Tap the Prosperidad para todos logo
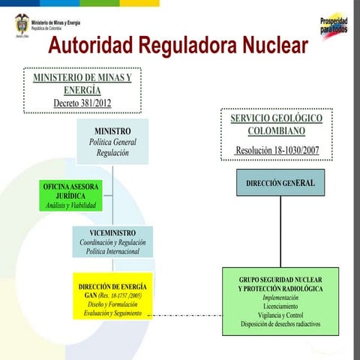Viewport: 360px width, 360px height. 333,25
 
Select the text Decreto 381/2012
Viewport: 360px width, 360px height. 82,103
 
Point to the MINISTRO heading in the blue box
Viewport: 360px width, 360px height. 112,131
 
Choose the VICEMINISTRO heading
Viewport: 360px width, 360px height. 112,233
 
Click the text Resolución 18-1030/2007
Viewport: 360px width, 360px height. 277,151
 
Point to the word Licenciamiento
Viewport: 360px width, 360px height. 280,307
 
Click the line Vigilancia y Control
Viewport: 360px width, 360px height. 280,316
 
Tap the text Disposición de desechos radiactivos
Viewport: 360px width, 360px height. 280,325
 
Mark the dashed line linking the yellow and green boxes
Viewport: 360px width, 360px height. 187,315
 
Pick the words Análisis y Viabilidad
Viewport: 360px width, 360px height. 70,205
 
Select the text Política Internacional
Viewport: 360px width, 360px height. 112,252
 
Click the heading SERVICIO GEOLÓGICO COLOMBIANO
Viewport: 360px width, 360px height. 276,124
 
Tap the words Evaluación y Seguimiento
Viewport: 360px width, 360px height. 112,313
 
